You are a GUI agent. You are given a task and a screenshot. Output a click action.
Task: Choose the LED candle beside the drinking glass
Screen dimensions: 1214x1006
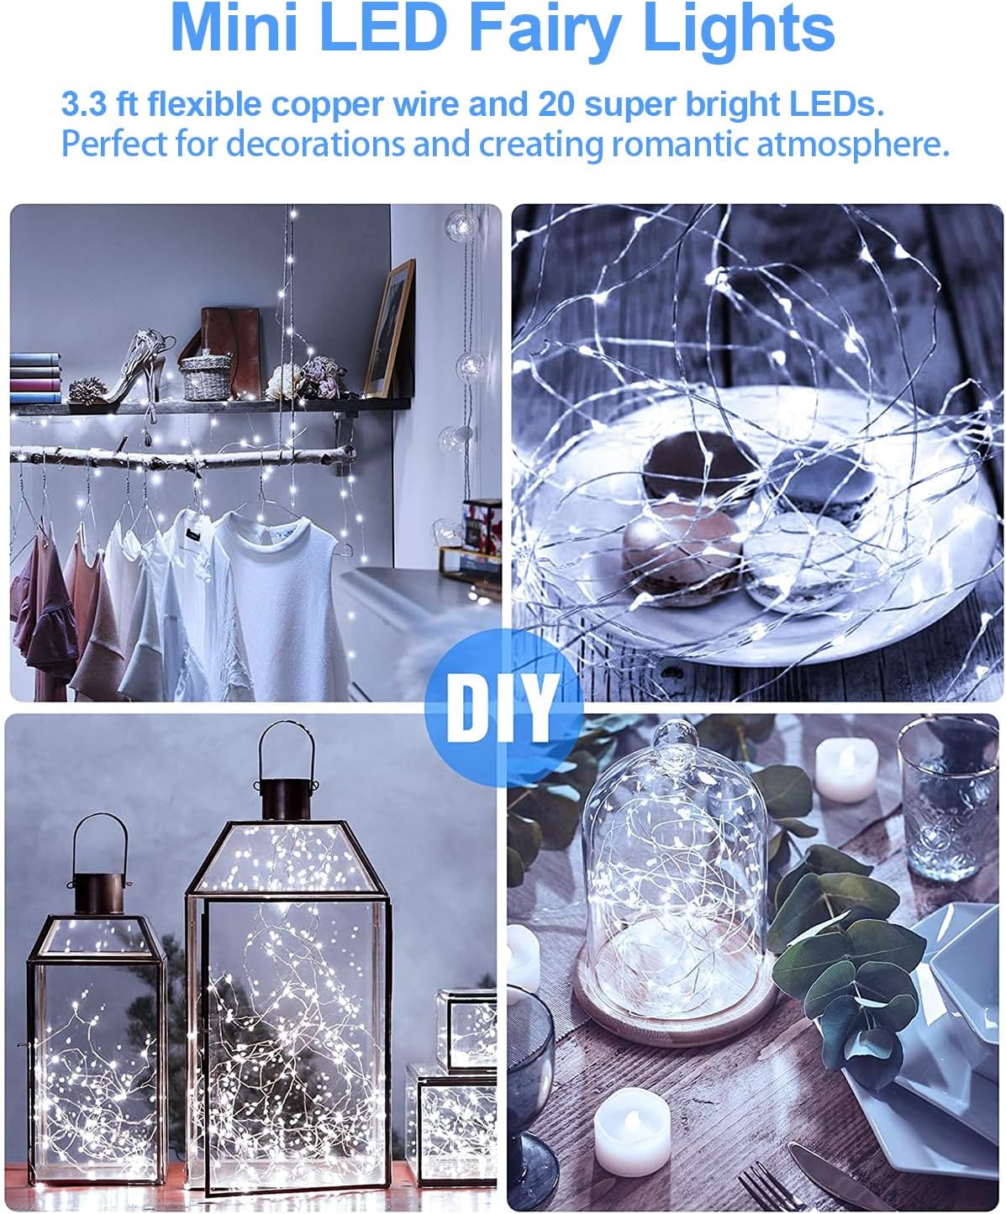847,769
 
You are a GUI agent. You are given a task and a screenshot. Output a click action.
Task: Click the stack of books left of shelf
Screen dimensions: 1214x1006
35,378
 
